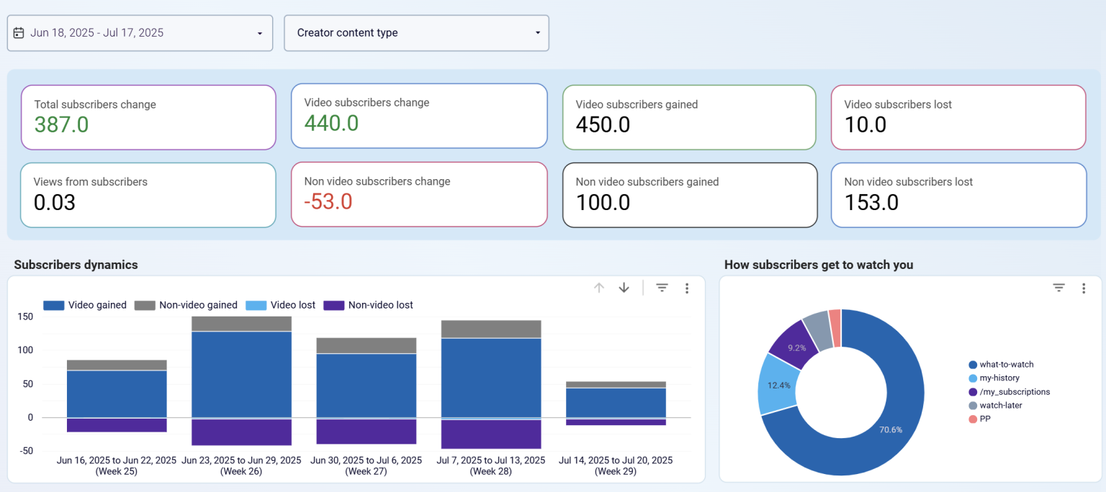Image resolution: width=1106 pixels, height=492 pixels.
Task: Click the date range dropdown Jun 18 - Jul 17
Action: (140, 33)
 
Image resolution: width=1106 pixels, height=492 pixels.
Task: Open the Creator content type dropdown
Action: (416, 33)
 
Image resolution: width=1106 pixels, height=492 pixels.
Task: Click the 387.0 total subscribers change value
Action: (62, 125)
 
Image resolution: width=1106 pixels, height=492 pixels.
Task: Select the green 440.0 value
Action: (331, 124)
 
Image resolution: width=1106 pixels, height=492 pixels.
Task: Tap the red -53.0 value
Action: (328, 201)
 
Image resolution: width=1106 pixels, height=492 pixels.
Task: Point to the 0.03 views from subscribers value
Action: (55, 203)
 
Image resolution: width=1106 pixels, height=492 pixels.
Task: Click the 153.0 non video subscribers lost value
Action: (871, 203)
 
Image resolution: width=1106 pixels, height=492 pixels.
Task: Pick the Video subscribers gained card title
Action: (637, 105)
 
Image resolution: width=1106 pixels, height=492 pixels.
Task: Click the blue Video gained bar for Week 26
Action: (241, 373)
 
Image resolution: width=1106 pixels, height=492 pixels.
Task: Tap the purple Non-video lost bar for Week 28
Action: (490, 434)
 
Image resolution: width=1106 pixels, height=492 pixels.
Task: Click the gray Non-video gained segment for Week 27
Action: (367, 345)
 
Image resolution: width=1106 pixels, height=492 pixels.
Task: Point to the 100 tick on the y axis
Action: (25, 350)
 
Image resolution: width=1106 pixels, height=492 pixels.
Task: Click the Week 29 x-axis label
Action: (616, 466)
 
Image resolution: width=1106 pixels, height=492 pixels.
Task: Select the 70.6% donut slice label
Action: (890, 429)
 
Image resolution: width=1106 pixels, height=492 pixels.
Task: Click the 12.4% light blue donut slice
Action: (778, 385)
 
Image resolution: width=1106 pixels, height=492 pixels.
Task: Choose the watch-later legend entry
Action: (1002, 406)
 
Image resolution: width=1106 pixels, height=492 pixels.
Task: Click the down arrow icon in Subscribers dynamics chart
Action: (624, 288)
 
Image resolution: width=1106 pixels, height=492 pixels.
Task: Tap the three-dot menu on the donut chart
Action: (1084, 288)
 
